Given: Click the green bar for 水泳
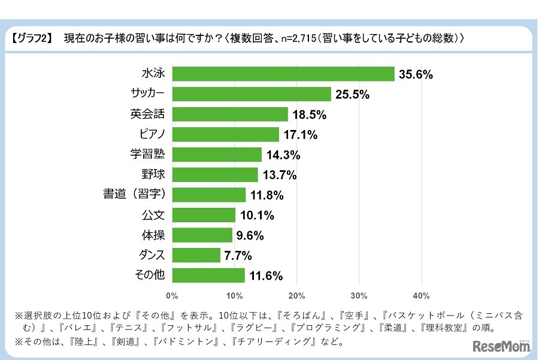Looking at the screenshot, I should pos(283,74).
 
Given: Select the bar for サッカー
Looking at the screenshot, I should pos(252,94).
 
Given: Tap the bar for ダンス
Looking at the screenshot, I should pos(196,255).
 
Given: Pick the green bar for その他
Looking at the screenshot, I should pos(208,276).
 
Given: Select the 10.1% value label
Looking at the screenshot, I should pos(256,215).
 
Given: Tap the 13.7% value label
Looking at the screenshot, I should pos(278,175).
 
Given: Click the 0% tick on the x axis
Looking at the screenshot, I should pos(172,295).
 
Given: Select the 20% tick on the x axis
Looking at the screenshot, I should pos(296,295).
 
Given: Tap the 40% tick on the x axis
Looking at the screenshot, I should pos(421,295).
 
